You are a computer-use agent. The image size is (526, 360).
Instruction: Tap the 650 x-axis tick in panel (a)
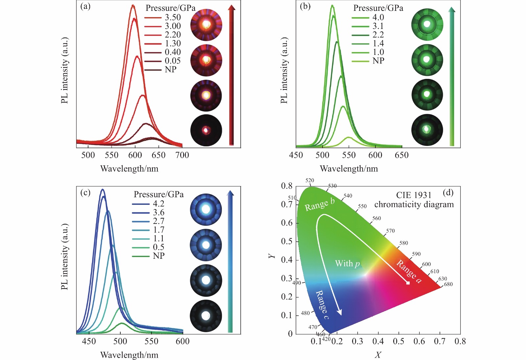[158, 155]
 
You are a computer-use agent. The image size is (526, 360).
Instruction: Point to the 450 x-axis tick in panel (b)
[296, 155]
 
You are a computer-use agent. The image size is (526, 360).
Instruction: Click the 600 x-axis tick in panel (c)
[182, 342]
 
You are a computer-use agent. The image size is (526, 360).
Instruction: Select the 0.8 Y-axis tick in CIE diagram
[287, 186]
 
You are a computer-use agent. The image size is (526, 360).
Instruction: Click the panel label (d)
[448, 192]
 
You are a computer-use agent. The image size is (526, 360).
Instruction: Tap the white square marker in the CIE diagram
[408, 283]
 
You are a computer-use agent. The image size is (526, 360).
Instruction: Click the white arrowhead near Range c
[339, 312]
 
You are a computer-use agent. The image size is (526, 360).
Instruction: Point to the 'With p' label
[347, 263]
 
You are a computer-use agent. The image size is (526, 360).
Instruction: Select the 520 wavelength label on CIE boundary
[310, 180]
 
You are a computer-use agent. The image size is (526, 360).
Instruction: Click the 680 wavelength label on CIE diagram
[448, 284]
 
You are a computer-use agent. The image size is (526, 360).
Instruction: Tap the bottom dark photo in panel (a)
[206, 130]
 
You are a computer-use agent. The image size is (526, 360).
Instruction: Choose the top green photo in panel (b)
[427, 25]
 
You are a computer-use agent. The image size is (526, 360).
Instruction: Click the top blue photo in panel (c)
[206, 209]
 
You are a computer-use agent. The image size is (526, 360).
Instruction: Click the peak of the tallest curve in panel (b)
[332, 5]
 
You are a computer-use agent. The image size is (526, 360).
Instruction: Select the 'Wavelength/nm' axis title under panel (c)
[129, 355]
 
